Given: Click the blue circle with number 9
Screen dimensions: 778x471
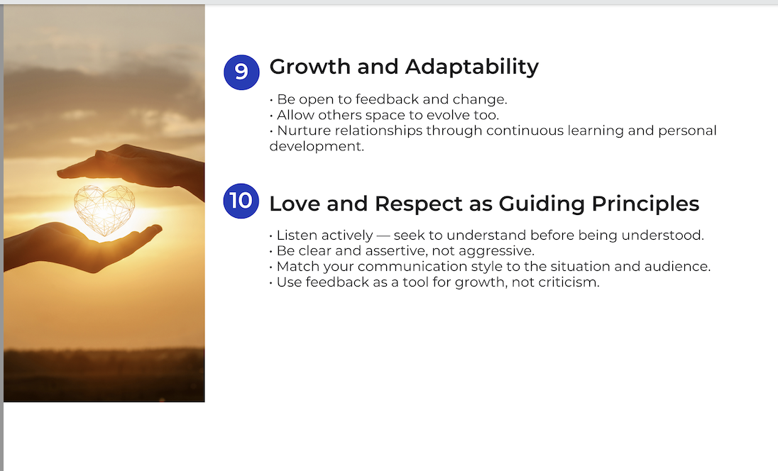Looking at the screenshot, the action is point(241,72).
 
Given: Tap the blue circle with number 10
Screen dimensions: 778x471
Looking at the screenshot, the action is point(241,201).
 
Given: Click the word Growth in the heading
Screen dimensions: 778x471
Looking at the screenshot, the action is point(309,67).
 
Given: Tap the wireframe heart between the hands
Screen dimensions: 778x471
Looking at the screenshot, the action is point(104,210).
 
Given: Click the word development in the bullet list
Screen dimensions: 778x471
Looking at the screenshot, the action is point(317,146).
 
